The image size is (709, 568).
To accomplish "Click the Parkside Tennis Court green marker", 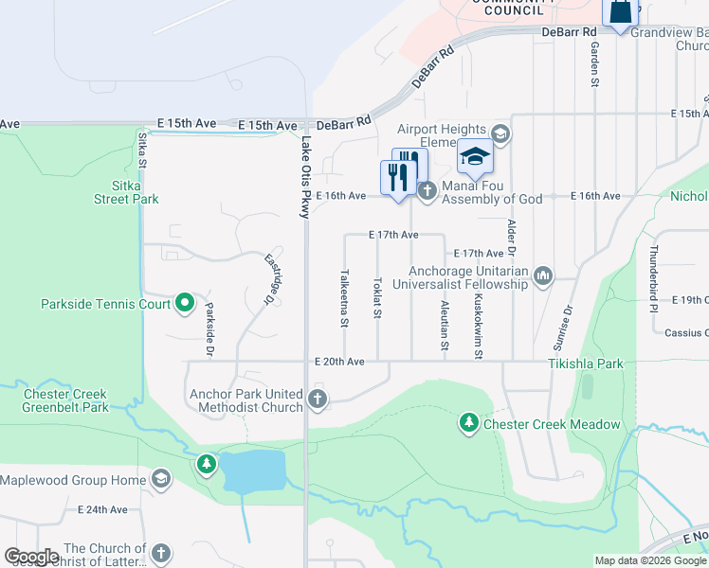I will [186, 304].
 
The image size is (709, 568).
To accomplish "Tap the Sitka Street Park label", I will [126, 192].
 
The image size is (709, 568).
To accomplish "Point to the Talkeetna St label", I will [344, 298].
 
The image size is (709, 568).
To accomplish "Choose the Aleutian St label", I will [445, 325].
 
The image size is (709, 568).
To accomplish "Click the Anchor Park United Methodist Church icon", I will [318, 399].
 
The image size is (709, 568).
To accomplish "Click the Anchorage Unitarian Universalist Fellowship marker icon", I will [543, 275].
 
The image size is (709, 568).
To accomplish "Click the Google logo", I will [32, 557].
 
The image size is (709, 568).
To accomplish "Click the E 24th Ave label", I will [104, 509].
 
